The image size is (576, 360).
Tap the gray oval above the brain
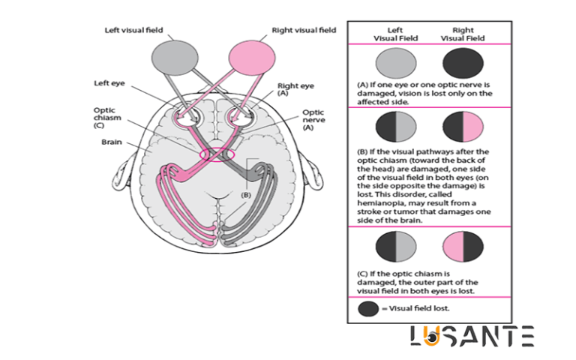coord(172,57)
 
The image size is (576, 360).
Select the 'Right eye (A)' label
coord(295,90)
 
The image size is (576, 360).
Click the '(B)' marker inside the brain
coord(244,194)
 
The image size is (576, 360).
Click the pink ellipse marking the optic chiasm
coord(217,154)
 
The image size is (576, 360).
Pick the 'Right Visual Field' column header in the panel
coord(463,33)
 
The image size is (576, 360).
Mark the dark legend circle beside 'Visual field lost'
coord(368,309)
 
